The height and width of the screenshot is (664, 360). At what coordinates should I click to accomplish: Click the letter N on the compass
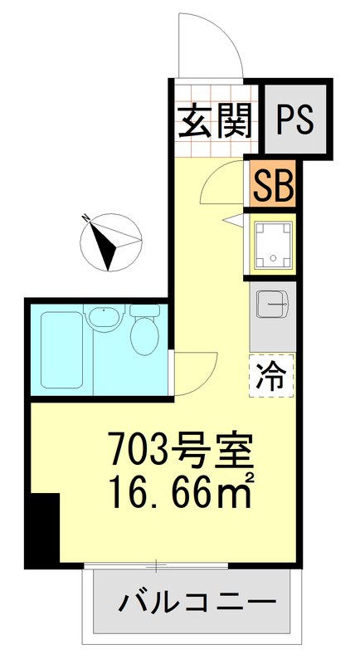(x=86, y=218)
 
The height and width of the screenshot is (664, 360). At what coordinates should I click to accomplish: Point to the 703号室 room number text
(x=177, y=452)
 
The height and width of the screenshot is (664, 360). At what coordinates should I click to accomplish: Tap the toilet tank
(x=145, y=310)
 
